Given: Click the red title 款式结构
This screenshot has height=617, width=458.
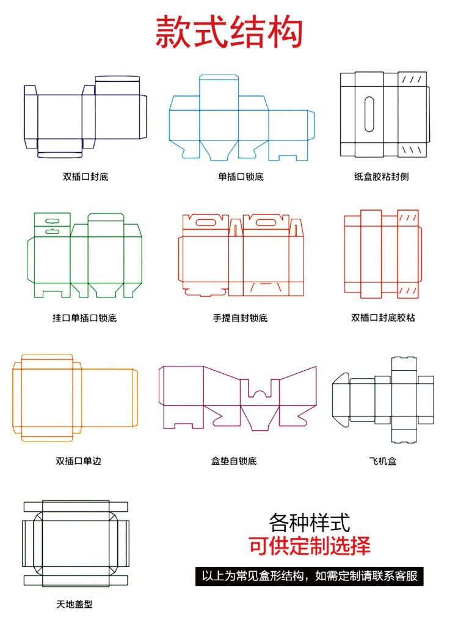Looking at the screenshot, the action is (229, 32).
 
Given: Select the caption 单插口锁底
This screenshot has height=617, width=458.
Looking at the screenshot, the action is (241, 177).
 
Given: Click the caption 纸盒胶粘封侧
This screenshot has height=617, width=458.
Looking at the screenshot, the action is (381, 177).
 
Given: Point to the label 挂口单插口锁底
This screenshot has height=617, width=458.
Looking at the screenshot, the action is (84, 318).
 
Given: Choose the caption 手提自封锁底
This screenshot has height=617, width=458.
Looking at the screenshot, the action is (240, 318).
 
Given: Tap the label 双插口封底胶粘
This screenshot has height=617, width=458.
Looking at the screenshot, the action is (383, 318).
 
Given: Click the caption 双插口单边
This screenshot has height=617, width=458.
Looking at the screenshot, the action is (78, 461).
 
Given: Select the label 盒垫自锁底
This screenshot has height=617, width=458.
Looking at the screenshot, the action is (234, 461).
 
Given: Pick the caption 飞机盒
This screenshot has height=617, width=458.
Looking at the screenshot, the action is (383, 461).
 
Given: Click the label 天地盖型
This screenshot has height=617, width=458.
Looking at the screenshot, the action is (75, 604).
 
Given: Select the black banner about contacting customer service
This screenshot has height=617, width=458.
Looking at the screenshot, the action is (310, 576).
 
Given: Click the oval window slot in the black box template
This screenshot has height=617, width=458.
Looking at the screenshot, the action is (369, 114).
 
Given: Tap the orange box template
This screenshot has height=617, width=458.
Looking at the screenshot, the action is (75, 397).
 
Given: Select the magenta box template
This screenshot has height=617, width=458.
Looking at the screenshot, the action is (238, 397).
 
